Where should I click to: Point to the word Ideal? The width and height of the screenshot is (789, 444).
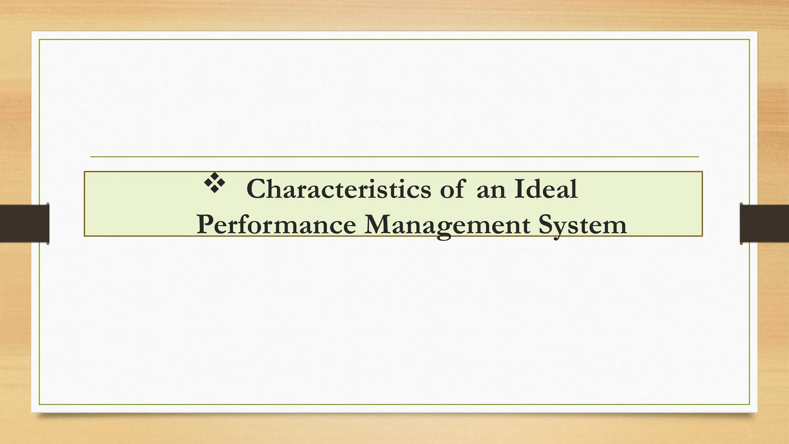click(546, 189)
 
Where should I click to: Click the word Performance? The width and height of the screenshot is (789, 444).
click(276, 225)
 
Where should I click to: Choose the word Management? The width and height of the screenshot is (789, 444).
click(447, 225)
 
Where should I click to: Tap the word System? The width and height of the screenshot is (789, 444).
click(583, 225)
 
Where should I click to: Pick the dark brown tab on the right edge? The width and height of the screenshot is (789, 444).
click(764, 224)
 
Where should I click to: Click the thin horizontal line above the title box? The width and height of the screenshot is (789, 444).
click(394, 157)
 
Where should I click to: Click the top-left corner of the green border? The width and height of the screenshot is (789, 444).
click(39, 40)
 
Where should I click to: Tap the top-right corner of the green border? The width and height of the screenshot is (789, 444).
click(749, 40)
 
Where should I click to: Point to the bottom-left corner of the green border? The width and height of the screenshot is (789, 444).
click(39, 404)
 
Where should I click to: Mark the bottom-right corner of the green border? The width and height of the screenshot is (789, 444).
click(749, 404)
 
